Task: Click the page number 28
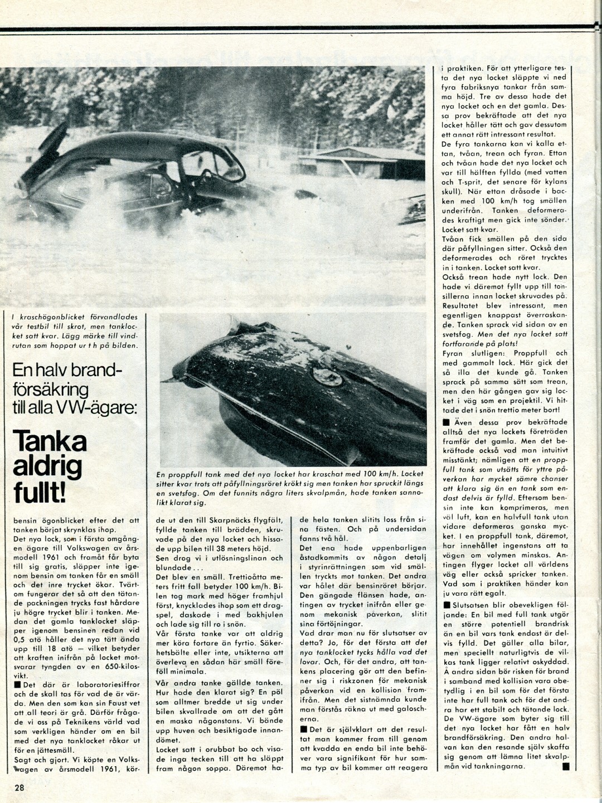coord(20,787)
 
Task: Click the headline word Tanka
coord(50,441)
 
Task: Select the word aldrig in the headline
coord(47,467)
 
